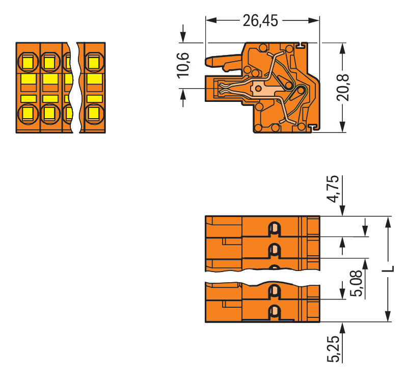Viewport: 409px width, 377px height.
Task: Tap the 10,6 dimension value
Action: point(183,65)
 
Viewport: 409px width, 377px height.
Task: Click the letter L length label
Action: point(388,268)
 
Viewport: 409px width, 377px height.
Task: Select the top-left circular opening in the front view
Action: point(28,63)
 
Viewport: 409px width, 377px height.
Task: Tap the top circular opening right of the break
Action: point(93,63)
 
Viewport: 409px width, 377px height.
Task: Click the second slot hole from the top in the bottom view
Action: point(274,250)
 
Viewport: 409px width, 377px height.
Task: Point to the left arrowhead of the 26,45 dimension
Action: point(209,20)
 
